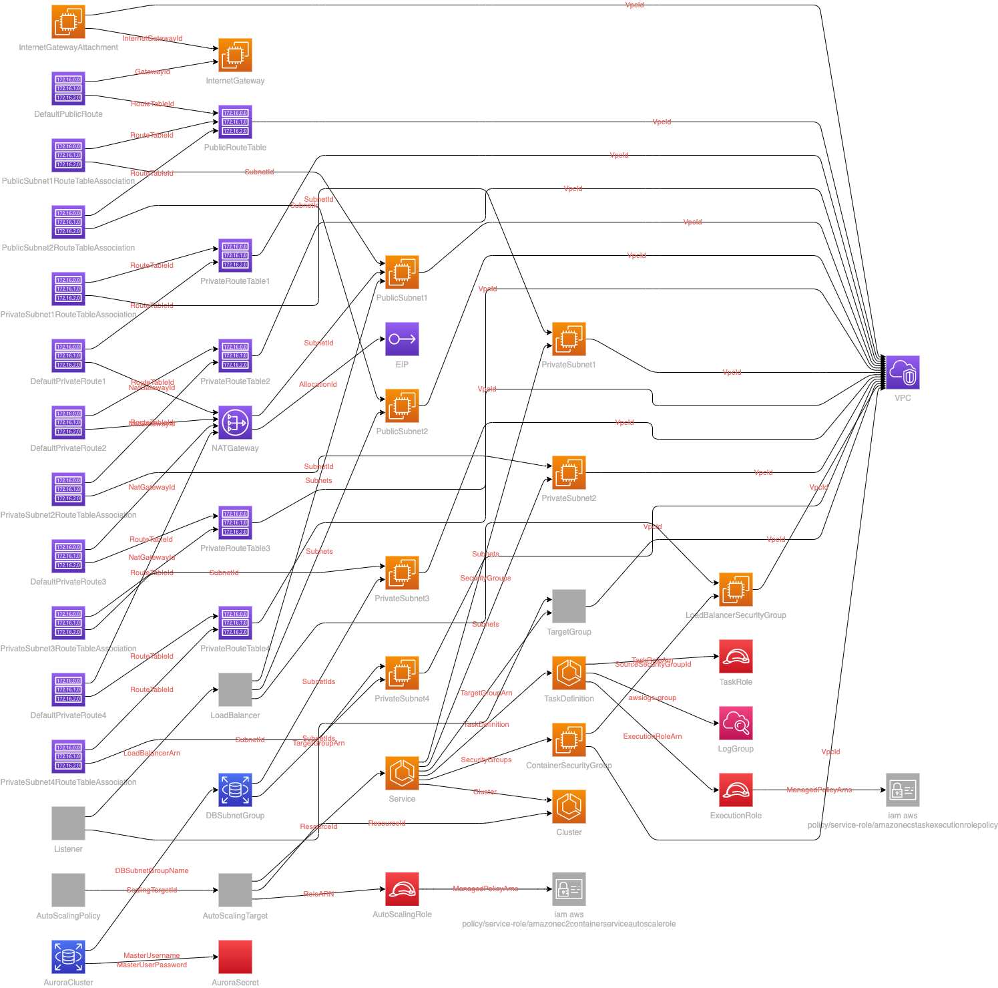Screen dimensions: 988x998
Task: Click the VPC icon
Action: (x=903, y=372)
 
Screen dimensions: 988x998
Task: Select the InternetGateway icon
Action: (x=235, y=55)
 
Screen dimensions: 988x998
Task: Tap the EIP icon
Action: (x=402, y=339)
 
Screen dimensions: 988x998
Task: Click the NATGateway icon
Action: (x=235, y=422)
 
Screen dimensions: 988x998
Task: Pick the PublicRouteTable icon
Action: (x=235, y=122)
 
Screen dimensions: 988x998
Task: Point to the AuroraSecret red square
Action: (x=235, y=957)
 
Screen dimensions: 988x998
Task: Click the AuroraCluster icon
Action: (x=68, y=957)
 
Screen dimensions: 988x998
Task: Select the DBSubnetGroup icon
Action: (x=235, y=790)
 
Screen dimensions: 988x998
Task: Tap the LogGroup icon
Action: (x=736, y=723)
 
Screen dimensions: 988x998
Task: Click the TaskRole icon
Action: (x=736, y=656)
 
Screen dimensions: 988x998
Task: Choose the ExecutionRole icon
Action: (x=736, y=790)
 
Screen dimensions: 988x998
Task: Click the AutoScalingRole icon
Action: (x=402, y=888)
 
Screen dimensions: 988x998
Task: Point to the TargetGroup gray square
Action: (x=569, y=606)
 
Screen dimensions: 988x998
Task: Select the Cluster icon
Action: (x=569, y=806)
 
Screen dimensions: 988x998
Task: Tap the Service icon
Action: (x=402, y=773)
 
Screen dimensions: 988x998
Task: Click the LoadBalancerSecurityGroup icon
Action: (x=736, y=589)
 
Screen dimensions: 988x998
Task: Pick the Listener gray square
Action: (x=68, y=823)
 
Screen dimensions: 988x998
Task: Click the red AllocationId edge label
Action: (x=318, y=384)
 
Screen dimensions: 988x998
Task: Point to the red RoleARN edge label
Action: (x=318, y=894)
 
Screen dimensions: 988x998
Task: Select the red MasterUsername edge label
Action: (x=152, y=955)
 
